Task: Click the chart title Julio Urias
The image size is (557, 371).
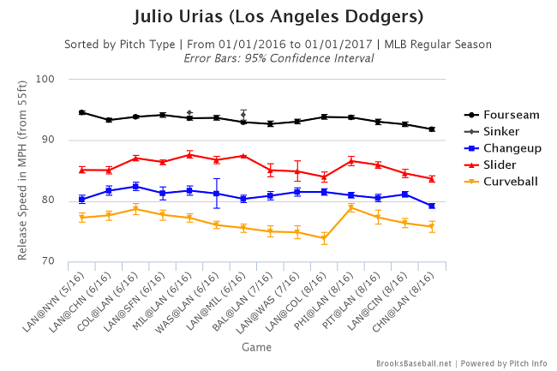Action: click(x=278, y=17)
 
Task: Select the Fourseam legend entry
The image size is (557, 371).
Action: click(x=506, y=115)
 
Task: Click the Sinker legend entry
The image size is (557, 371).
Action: click(x=500, y=131)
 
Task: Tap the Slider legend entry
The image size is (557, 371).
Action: click(x=500, y=165)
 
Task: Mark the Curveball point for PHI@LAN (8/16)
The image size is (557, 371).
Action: click(x=351, y=207)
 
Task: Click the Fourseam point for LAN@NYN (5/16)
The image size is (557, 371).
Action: click(x=82, y=112)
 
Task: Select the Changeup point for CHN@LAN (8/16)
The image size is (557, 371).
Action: click(x=432, y=206)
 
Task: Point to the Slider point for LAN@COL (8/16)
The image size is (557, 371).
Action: click(x=324, y=177)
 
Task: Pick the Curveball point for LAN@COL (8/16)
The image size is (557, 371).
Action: click(x=324, y=238)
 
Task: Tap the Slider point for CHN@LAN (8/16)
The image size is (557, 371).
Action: click(x=432, y=178)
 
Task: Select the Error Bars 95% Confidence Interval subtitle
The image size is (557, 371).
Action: click(x=278, y=58)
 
